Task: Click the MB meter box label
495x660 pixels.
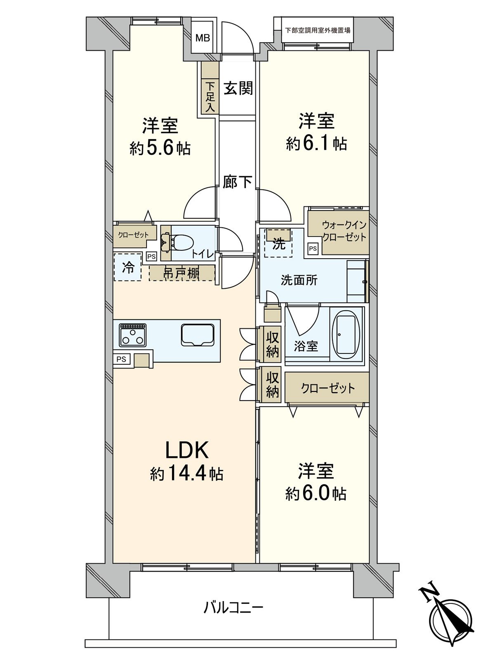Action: coord(203,38)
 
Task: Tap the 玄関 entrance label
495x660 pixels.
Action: coord(238,88)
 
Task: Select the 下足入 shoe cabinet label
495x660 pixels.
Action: coord(210,97)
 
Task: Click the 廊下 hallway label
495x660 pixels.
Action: coord(238,181)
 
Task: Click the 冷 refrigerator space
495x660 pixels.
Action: coord(128,267)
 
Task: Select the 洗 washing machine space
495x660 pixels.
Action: coord(278,243)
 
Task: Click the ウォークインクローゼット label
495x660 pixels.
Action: coord(344,231)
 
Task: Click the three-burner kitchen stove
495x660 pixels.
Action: coord(132,335)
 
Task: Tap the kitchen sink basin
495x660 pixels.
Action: coord(198,335)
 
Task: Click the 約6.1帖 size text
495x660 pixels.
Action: coord(316,145)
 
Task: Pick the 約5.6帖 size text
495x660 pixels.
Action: coord(160,148)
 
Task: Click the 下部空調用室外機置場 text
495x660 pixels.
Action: coord(318,31)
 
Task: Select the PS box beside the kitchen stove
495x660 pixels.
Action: coord(121,359)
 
